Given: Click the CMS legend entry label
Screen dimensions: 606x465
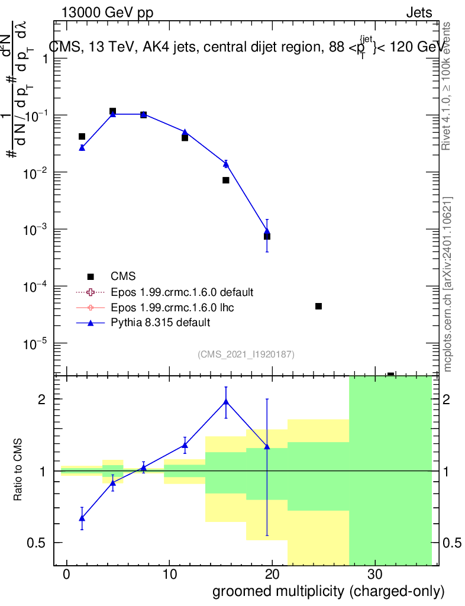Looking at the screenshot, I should point(123,276).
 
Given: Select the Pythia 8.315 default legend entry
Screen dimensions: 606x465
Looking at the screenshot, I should point(160,323).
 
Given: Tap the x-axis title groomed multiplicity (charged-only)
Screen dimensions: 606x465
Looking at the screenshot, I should point(328,591).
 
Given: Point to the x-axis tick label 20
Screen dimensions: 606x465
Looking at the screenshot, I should point(272,575).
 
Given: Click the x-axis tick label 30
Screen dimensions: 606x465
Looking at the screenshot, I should point(374,575).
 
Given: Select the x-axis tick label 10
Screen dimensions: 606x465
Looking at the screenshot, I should point(169,575).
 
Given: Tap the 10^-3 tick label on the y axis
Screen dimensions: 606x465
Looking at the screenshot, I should point(35,230).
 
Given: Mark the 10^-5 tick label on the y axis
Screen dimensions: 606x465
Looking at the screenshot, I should point(35,343).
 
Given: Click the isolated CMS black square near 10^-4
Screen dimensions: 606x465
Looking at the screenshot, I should point(318,306).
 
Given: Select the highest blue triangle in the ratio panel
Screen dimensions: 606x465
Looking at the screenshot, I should point(226,402).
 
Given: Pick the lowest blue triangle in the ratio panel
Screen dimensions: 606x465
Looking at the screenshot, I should point(82,518).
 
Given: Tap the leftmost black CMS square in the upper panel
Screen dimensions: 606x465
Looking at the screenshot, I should point(82,137).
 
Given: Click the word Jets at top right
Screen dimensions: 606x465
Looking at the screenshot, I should point(419,12).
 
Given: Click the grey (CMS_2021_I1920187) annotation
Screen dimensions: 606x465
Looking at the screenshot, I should point(246,354).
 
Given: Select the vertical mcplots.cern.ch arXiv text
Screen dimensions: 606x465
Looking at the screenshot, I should point(448,284).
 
